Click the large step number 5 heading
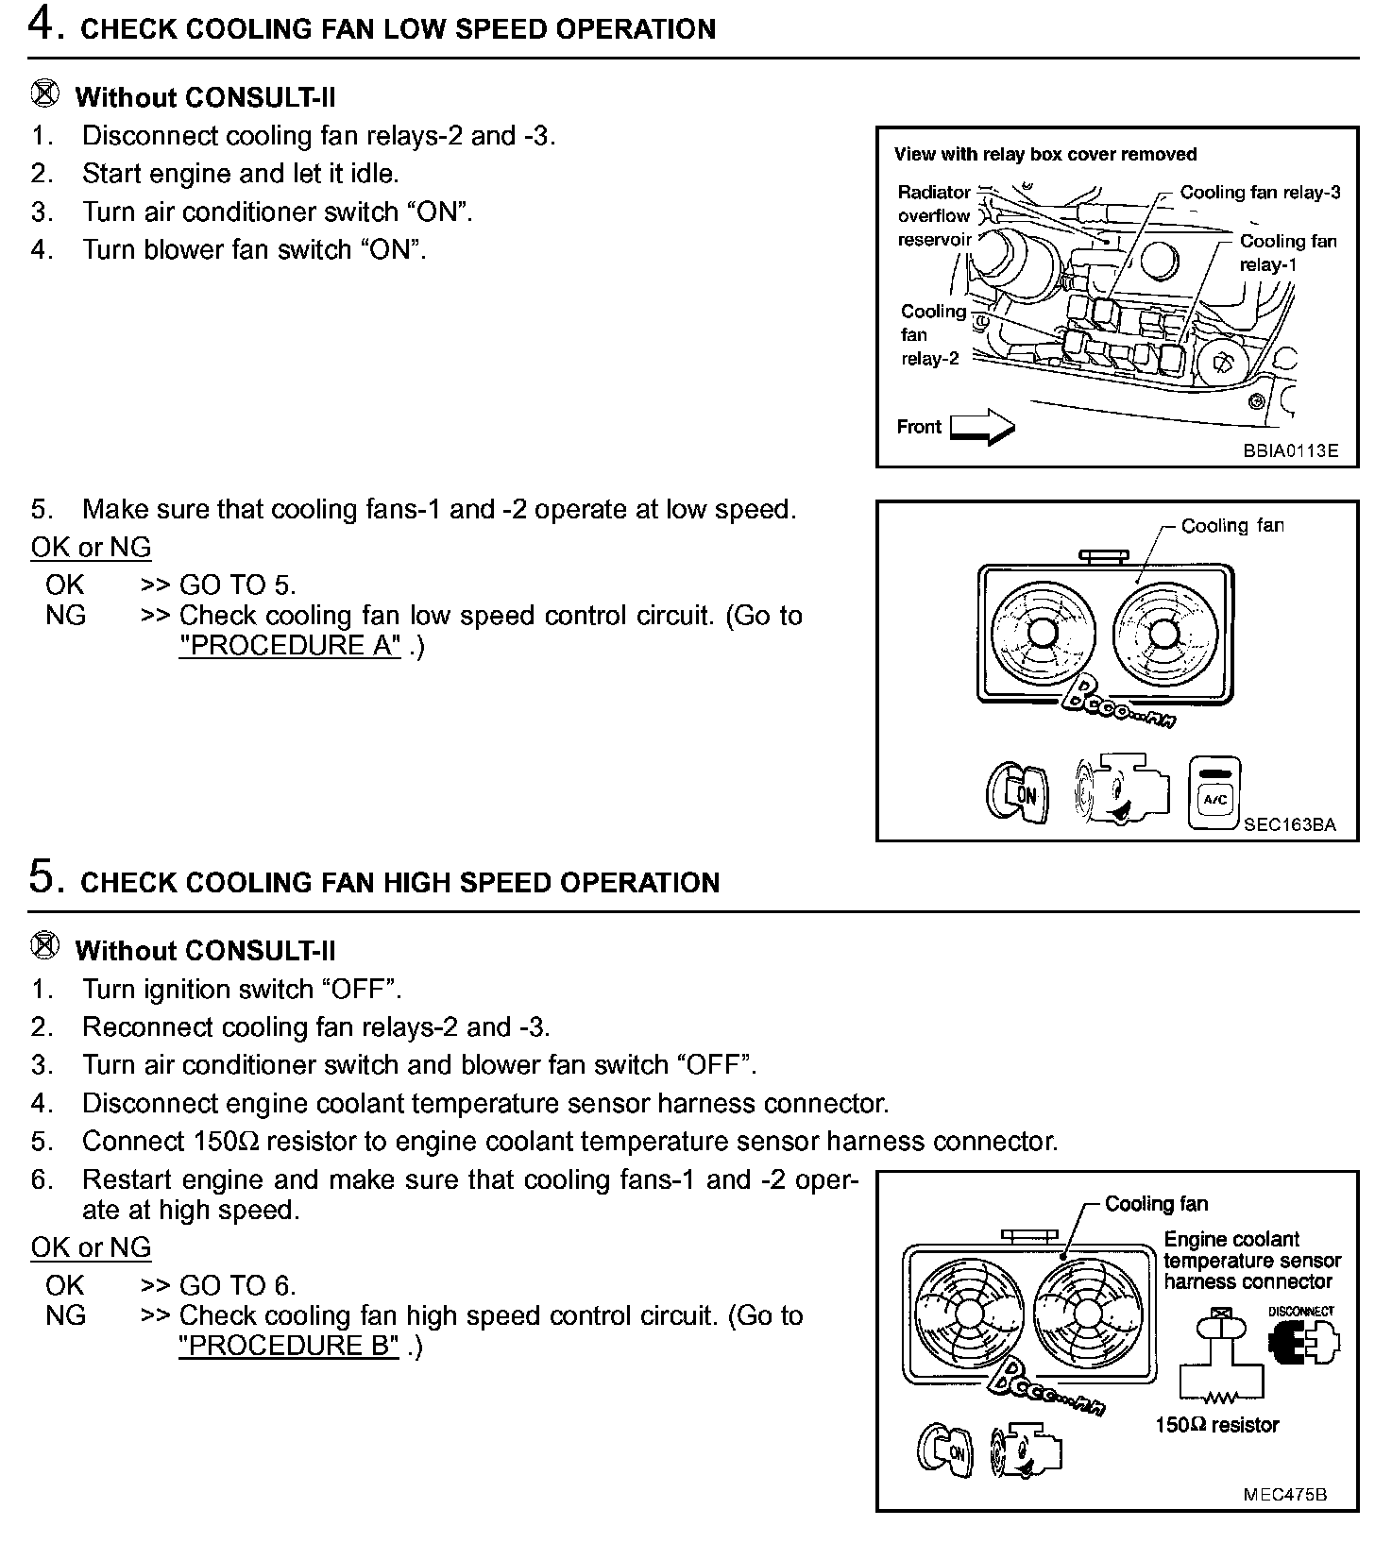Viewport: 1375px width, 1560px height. (x=43, y=878)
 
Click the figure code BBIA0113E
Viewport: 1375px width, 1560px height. (x=1290, y=450)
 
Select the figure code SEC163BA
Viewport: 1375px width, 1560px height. (x=1289, y=824)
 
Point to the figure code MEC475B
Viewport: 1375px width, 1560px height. (x=1284, y=1495)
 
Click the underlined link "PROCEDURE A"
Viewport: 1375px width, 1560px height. (x=290, y=646)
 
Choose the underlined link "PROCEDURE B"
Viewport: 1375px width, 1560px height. (x=290, y=1346)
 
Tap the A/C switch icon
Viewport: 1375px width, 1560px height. (x=1214, y=793)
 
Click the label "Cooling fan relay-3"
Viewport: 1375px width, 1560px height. (x=1260, y=193)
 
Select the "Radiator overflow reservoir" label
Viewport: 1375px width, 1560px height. (x=934, y=216)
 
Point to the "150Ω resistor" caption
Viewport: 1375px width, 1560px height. (x=1216, y=1425)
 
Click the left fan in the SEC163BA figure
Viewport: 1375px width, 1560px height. (x=1041, y=631)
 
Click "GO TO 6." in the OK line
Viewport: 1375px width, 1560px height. (x=238, y=1285)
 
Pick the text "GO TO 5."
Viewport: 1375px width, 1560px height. (x=238, y=585)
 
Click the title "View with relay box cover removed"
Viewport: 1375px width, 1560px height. (x=1045, y=155)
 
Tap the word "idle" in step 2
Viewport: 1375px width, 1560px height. (x=371, y=174)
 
